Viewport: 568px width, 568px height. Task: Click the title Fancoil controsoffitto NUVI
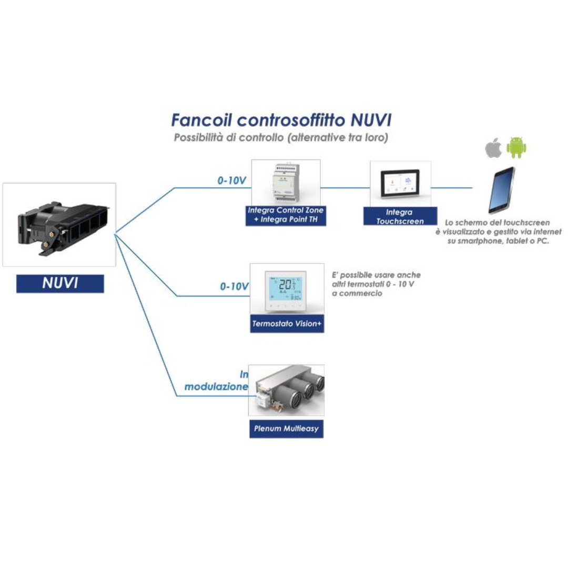281,120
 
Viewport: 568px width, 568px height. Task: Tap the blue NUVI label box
60,283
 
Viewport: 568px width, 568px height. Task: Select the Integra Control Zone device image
286,182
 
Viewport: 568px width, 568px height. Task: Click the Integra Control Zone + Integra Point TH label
286,215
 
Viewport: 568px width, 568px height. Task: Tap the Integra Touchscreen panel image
400,182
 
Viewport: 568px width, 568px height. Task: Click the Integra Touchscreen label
400,216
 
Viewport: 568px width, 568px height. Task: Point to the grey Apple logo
493,148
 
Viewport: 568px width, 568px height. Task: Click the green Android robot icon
516,148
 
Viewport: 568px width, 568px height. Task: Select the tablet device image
501,190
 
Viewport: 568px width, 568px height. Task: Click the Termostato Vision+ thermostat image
287,290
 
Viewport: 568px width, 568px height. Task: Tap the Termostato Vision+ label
287,324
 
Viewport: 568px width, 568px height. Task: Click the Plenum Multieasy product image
287,390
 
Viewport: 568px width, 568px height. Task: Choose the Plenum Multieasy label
286,429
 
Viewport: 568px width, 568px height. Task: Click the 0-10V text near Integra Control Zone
232,180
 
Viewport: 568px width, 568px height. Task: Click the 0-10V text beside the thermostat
234,287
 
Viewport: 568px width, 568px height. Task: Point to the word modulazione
216,387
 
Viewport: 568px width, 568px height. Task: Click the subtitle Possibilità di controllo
281,138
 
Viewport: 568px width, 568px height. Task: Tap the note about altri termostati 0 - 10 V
376,284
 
